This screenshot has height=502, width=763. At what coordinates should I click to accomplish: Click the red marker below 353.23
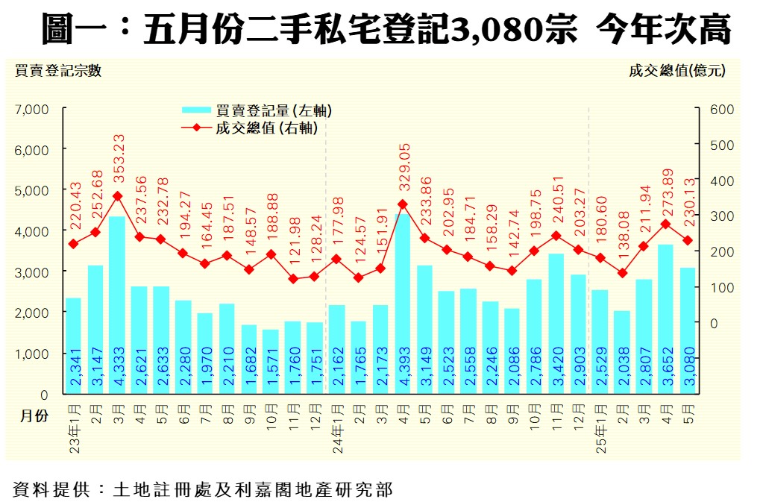click(x=117, y=196)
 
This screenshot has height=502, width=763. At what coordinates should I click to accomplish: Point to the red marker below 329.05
click(x=402, y=204)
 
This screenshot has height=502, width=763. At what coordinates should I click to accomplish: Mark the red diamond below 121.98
click(x=293, y=279)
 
